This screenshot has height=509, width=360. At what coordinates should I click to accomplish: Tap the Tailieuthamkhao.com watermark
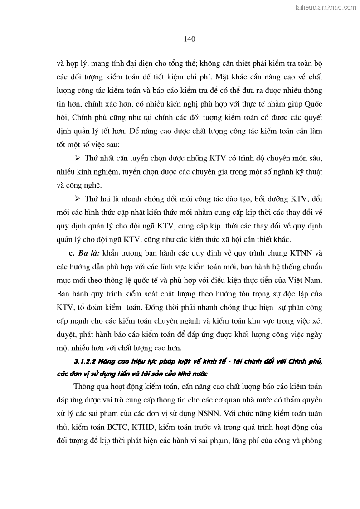pos(326,7)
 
